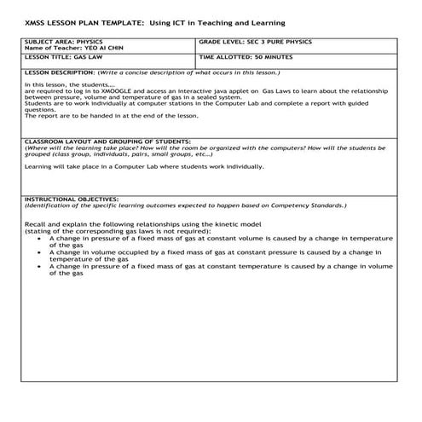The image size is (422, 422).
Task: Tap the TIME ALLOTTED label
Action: pyautogui.click(x=227, y=58)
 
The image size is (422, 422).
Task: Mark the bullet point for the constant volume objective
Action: pyautogui.click(x=42, y=238)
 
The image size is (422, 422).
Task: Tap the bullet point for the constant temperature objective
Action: pyautogui.click(x=42, y=266)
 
